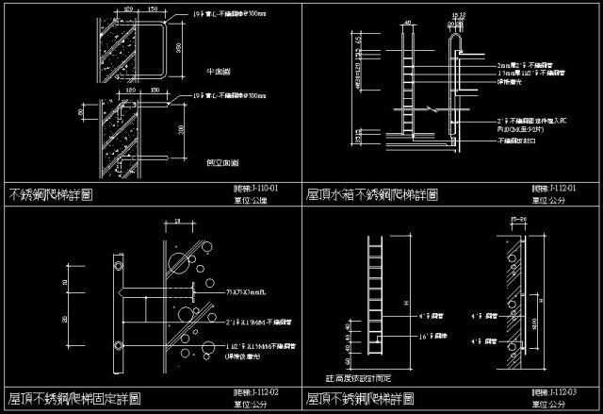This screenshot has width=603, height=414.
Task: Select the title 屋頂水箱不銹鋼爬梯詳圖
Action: [371, 195]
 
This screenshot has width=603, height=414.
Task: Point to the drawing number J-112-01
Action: [556, 189]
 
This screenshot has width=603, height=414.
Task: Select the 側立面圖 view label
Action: [218, 162]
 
